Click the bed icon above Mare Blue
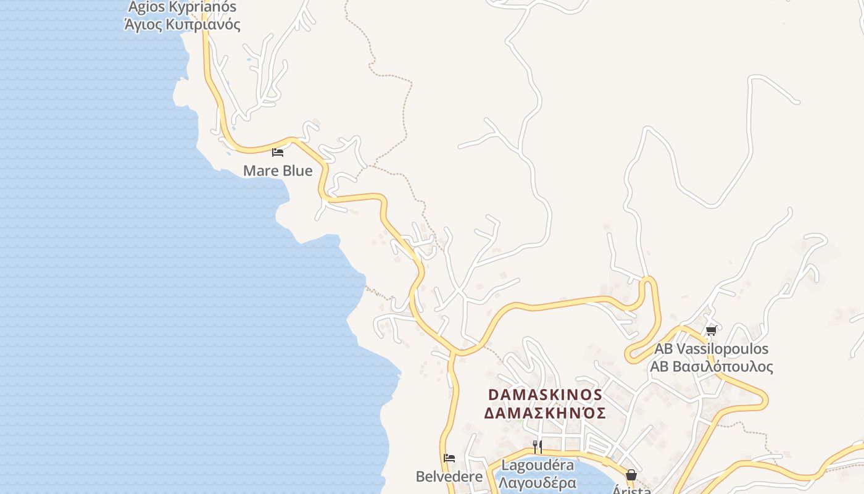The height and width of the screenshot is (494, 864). coord(278,152)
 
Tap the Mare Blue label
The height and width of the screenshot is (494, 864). coord(278,170)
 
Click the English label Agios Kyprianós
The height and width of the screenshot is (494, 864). coord(182,7)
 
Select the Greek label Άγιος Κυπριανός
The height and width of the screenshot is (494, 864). coord(182,25)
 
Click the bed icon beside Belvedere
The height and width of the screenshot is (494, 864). coord(449,458)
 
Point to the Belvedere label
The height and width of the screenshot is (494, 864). coord(449,477)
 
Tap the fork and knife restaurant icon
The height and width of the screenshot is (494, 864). coord(538,446)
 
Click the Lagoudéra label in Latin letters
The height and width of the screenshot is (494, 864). coord(538,465)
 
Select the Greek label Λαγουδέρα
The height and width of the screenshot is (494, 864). coord(538,482)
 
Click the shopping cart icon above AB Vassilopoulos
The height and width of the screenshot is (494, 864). coord(711,331)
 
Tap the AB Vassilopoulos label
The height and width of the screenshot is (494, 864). coord(711,349)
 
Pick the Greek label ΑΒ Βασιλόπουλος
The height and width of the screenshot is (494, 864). coord(711,366)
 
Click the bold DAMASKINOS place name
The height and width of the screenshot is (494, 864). coord(545,395)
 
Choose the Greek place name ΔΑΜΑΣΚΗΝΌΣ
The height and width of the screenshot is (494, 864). coord(545,412)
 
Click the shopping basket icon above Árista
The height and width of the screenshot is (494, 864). coord(631,475)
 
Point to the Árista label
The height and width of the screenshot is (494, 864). coord(631,490)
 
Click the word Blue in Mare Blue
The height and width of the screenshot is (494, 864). coord(297,170)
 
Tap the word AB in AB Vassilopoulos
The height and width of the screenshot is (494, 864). coord(664,349)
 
